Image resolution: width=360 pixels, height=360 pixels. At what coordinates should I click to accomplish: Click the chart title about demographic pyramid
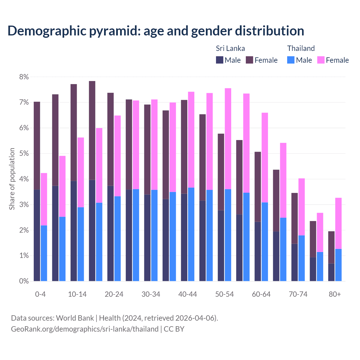pyautogui.click(x=156, y=31)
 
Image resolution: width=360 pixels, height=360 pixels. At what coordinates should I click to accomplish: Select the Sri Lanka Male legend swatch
pyautogui.click(x=220, y=60)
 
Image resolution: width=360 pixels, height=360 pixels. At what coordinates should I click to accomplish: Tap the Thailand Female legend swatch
pyautogui.click(x=321, y=60)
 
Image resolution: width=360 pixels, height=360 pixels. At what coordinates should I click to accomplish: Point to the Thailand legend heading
pyautogui.click(x=301, y=48)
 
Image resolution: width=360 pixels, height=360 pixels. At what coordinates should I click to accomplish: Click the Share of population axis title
pyautogui.click(x=12, y=179)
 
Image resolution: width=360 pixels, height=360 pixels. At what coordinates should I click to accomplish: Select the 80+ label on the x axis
pyautogui.click(x=335, y=294)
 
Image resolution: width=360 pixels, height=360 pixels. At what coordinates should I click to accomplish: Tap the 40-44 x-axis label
pyautogui.click(x=188, y=294)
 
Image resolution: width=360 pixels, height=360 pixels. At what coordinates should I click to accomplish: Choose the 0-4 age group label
pyautogui.click(x=40, y=294)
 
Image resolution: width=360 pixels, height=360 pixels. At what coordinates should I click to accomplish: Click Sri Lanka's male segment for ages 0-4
pyautogui.click(x=37, y=235)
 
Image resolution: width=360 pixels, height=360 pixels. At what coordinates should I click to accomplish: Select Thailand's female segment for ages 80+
pyautogui.click(x=338, y=223)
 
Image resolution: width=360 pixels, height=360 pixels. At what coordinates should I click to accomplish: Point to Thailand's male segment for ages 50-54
pyautogui.click(x=228, y=235)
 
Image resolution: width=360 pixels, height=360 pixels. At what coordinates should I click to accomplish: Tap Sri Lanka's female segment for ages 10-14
pyautogui.click(x=74, y=132)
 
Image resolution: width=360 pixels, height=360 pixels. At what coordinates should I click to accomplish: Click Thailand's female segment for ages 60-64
pyautogui.click(x=265, y=157)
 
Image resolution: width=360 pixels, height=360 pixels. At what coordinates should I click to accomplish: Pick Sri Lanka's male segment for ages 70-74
pyautogui.click(x=294, y=262)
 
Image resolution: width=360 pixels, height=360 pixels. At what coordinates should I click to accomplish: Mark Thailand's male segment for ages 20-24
pyautogui.click(x=118, y=238)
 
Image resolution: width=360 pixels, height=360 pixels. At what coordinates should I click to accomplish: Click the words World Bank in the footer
pyautogui.click(x=75, y=318)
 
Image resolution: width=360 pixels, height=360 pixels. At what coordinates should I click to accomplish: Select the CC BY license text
pyautogui.click(x=174, y=329)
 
